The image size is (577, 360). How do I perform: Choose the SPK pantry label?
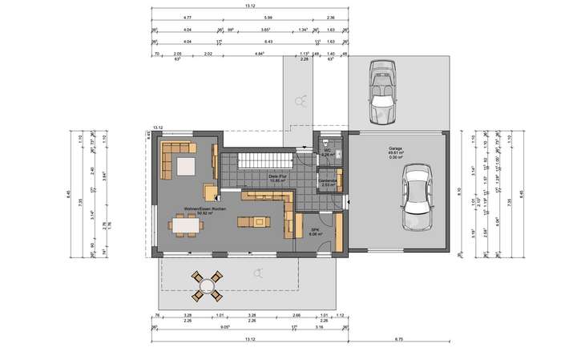click(x=315, y=232)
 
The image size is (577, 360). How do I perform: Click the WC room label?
click(x=327, y=152)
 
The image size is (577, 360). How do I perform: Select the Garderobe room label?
click(x=329, y=182)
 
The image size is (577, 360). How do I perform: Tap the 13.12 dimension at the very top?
click(x=250, y=6)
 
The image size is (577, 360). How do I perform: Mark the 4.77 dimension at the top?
click(x=187, y=17)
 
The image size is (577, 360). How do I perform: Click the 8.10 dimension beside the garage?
click(x=458, y=192)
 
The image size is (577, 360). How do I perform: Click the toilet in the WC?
click(x=338, y=152)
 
